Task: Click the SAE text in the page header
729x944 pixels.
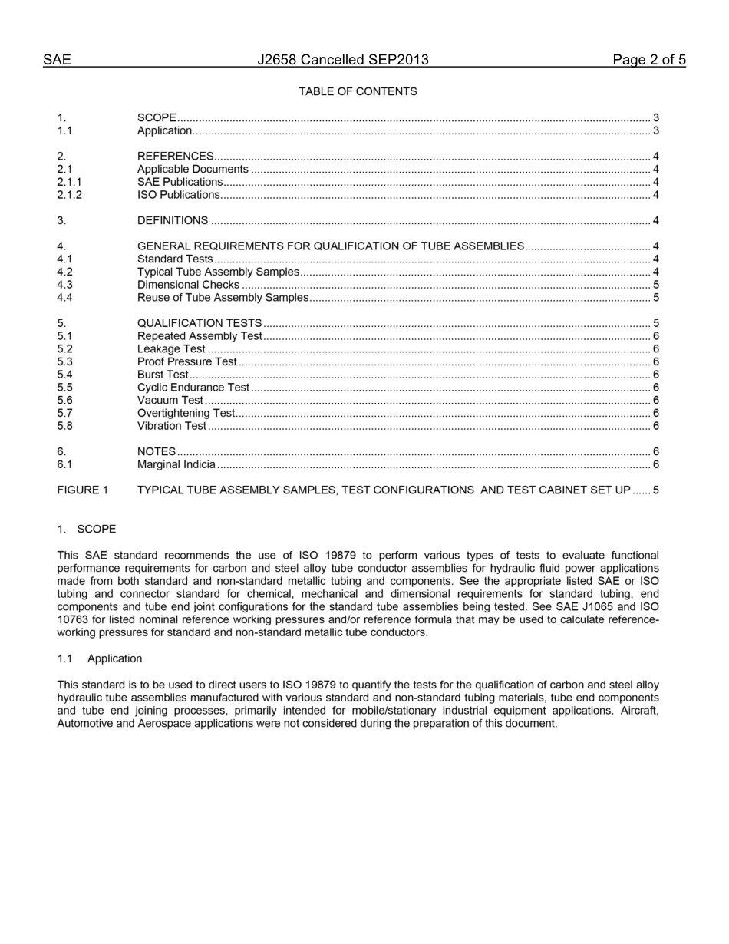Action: click(x=57, y=60)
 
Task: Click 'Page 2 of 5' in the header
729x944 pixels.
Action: click(x=648, y=60)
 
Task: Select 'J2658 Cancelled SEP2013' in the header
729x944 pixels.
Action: click(x=343, y=60)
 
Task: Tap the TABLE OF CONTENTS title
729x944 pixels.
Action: click(x=358, y=91)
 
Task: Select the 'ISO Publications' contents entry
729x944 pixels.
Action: click(x=178, y=195)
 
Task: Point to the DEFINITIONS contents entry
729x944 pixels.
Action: click(x=172, y=221)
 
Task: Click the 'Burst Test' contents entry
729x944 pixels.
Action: click(x=163, y=375)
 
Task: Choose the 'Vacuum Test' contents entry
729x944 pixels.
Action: click(x=170, y=400)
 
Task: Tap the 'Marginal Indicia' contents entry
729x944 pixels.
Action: click(x=176, y=464)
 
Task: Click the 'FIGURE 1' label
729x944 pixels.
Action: click(x=83, y=490)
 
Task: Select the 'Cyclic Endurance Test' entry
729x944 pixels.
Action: click(x=193, y=388)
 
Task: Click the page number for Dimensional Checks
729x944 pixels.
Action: click(x=655, y=285)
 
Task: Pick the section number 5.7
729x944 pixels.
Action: click(x=64, y=413)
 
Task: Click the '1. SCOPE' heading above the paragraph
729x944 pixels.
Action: click(x=87, y=530)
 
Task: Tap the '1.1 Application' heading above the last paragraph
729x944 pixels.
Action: click(x=100, y=658)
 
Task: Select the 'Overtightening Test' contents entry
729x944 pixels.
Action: click(x=186, y=413)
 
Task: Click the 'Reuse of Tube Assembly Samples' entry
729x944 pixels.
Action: click(x=223, y=298)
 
